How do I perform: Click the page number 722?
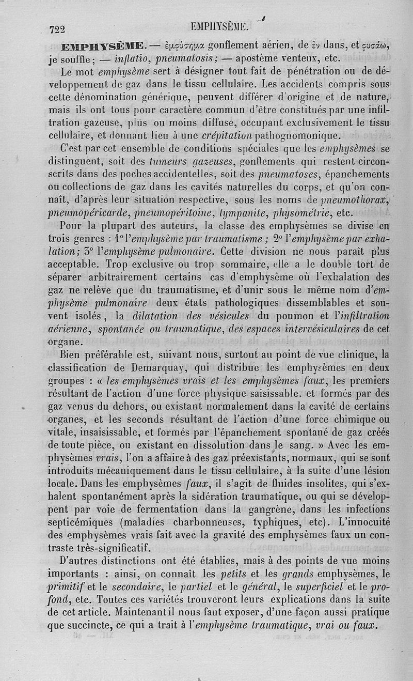pyautogui.click(x=59, y=30)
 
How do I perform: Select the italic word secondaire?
pyautogui.click(x=129, y=585)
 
